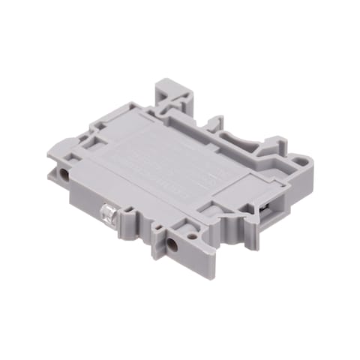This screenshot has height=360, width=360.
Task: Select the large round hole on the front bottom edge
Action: [x=173, y=244]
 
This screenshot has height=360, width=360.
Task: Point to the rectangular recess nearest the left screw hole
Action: [x=76, y=157]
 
